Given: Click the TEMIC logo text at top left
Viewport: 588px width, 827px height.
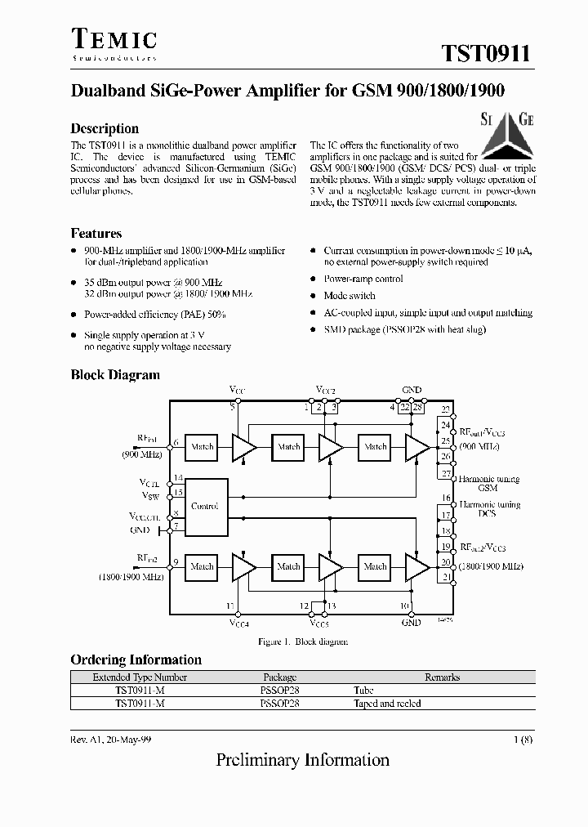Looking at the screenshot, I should tap(114, 42).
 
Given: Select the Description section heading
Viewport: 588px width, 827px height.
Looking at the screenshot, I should tap(105, 128).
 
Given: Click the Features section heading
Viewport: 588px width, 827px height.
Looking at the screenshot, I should tap(96, 234).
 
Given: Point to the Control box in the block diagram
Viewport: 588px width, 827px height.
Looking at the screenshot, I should tap(204, 506).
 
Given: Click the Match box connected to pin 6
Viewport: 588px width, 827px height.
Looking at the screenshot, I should tap(202, 447).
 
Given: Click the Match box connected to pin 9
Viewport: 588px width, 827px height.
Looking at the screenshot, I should tap(202, 566).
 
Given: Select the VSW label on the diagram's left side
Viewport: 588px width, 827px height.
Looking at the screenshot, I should tap(149, 495).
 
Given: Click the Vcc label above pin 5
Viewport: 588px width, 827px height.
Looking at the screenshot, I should tap(236, 391).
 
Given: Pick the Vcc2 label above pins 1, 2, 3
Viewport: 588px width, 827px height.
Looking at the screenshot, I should tap(325, 391).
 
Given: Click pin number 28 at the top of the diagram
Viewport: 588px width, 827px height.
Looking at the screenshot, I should tap(417, 407).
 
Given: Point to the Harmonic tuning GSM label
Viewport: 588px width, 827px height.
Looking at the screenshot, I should tap(488, 483).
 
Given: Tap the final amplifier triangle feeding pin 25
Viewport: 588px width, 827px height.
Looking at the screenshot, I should tap(416, 446).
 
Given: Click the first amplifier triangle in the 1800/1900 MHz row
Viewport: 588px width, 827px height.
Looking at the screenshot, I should tap(243, 566).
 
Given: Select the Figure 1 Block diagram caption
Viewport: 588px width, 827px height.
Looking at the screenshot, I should tap(303, 641).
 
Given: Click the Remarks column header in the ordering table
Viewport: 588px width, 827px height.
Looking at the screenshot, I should tap(442, 677).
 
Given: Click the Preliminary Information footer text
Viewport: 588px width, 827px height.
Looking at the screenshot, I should tap(302, 760).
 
